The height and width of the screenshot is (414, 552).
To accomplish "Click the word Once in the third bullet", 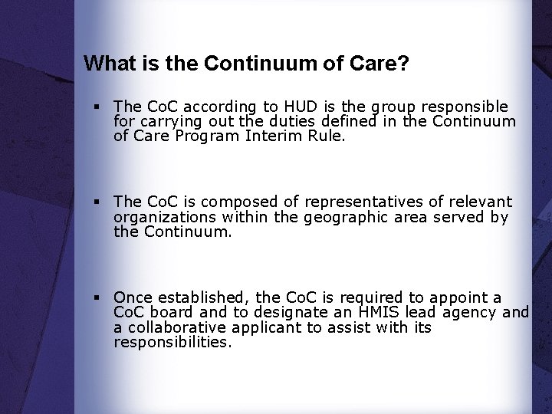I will pyautogui.click(x=133, y=297).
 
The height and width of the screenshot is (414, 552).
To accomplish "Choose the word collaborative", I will pyautogui.click(x=175, y=327).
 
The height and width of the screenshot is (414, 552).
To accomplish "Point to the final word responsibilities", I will pyautogui.click(x=172, y=343).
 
